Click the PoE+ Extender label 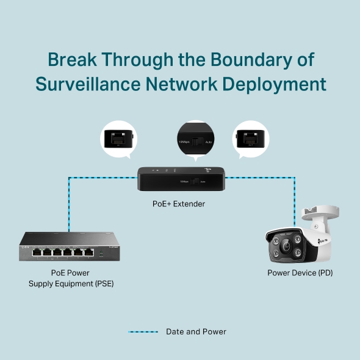point(179,204)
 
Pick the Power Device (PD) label point(300,273)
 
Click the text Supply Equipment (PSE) point(71,284)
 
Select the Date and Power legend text point(196,332)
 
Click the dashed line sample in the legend point(143,332)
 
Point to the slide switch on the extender point(195,181)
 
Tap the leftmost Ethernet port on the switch point(38,250)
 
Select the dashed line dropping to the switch point(68,204)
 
